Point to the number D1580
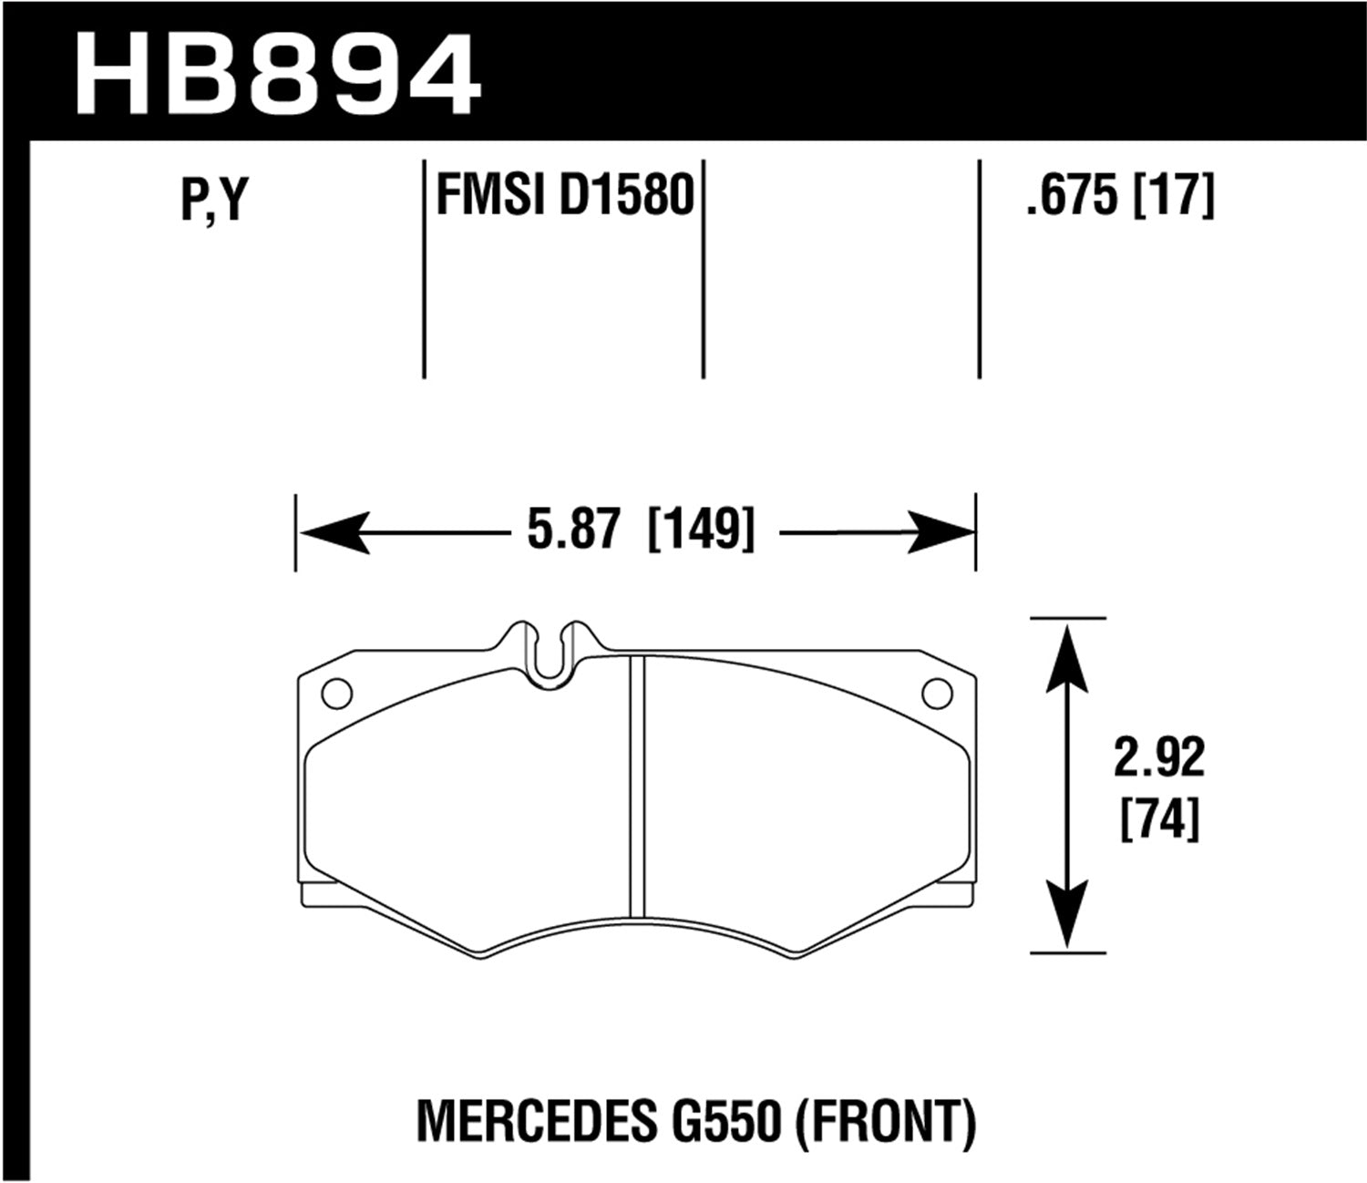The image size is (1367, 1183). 626,195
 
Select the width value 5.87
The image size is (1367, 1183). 574,530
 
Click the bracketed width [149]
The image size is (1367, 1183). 701,530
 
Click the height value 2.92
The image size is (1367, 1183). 1158,757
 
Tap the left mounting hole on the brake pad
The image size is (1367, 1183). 336,694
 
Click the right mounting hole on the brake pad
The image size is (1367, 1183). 936,694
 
